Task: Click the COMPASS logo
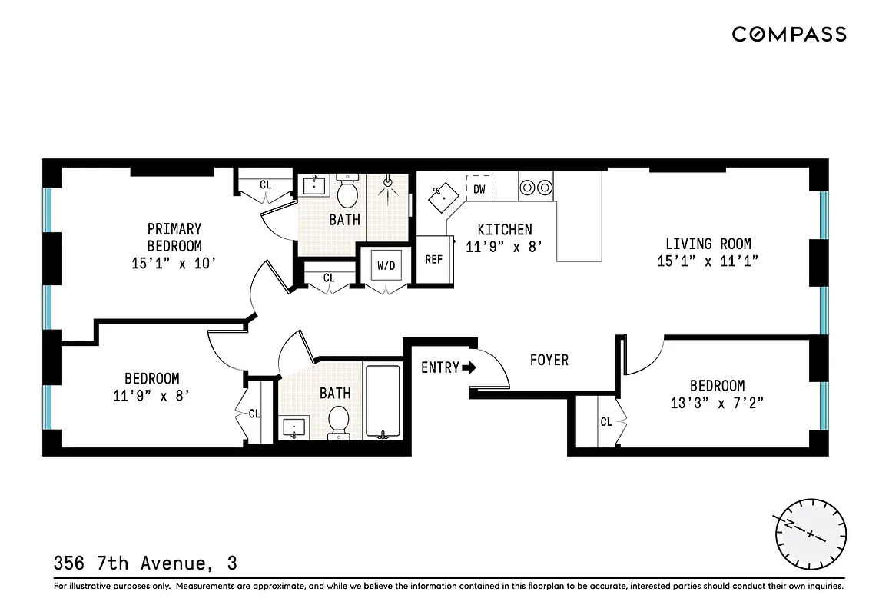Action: tap(788, 34)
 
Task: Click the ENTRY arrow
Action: tap(469, 367)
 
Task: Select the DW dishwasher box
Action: tap(479, 188)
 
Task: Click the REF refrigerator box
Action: tap(433, 260)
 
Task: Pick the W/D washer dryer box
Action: tap(386, 266)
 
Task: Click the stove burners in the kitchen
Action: tap(536, 187)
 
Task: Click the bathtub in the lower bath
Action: tap(383, 401)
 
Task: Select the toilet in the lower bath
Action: tap(338, 422)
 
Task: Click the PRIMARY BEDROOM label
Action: tap(174, 237)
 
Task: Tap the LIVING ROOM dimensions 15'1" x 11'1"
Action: tap(708, 261)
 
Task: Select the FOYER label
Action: tap(549, 360)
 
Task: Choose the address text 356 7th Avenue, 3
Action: tap(145, 563)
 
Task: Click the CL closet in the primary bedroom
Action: tap(265, 184)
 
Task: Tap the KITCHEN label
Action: tap(504, 229)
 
